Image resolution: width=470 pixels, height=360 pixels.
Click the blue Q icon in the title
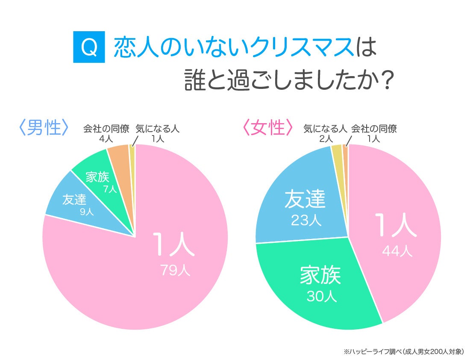[x=89, y=48]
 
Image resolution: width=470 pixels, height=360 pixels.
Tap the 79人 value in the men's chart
[x=175, y=270]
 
